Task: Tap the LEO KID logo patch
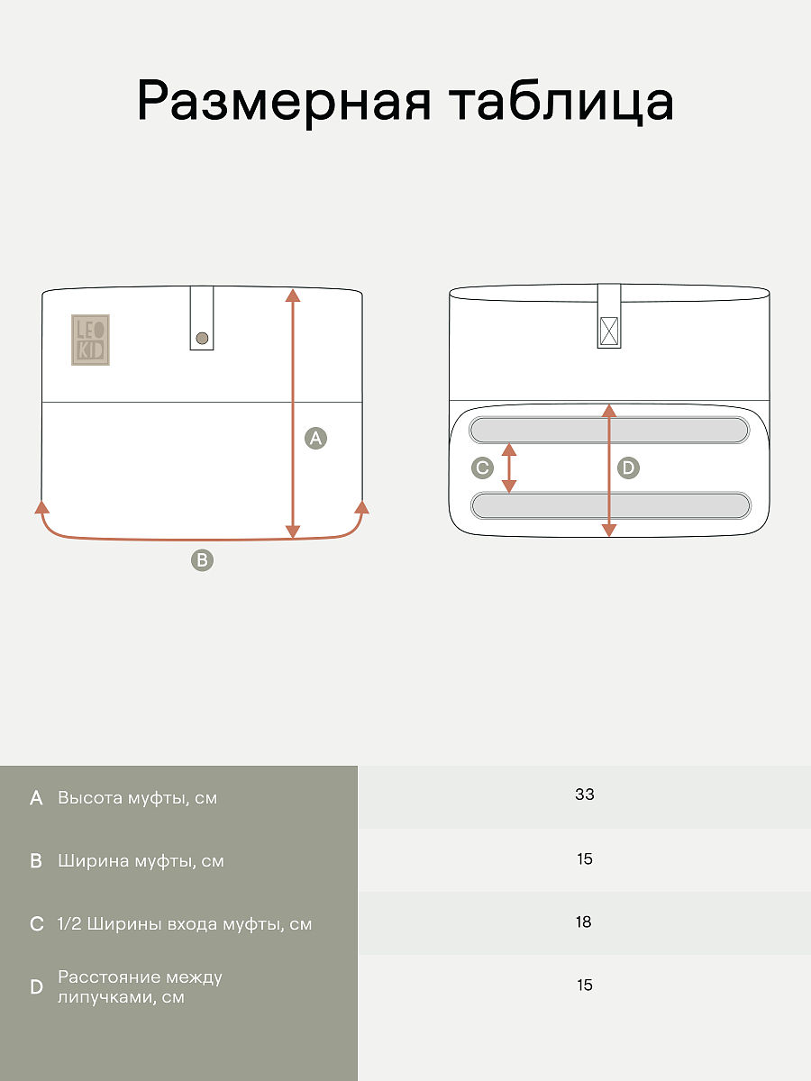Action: (x=91, y=340)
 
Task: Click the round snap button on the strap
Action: (x=202, y=339)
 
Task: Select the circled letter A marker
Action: (x=315, y=438)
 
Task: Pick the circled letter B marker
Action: (x=202, y=560)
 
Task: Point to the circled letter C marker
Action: (x=483, y=468)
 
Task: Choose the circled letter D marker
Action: (x=628, y=468)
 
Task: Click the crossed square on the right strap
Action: (x=609, y=332)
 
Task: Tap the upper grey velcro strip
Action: (x=609, y=430)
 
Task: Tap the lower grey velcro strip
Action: (x=611, y=505)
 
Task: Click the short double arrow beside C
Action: (x=509, y=468)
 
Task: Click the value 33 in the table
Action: (x=585, y=794)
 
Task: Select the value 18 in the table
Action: (x=584, y=922)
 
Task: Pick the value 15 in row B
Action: (x=585, y=858)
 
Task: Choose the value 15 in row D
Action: (x=585, y=985)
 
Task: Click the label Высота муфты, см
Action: (x=137, y=798)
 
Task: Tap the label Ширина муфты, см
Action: (x=141, y=861)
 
